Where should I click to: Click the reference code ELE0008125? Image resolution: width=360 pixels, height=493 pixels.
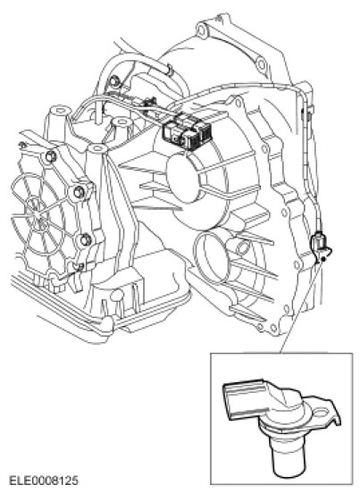[44, 480]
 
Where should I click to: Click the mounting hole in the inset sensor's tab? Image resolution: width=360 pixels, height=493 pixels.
[321, 412]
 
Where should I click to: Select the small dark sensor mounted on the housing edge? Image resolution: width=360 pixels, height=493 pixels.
[320, 246]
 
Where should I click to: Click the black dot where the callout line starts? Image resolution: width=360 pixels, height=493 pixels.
[322, 259]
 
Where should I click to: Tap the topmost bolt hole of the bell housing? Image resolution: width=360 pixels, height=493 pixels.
[202, 29]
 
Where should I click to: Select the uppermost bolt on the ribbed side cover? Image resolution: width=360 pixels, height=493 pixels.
[51, 156]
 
